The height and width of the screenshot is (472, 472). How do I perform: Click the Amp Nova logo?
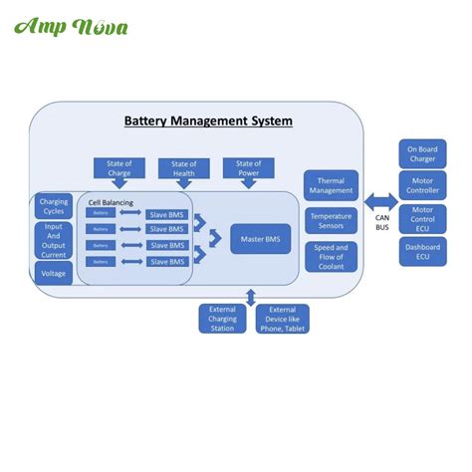pyautogui.click(x=71, y=26)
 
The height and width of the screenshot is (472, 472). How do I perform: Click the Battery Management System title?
pyautogui.click(x=208, y=120)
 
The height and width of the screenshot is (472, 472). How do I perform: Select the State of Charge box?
pyautogui.click(x=119, y=168)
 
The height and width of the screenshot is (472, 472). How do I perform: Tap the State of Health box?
pyautogui.click(x=183, y=168)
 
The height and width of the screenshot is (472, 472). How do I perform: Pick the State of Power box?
pyautogui.click(x=248, y=168)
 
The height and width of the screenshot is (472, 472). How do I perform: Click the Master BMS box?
pyautogui.click(x=260, y=239)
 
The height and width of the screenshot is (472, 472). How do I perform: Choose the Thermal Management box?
pyautogui.click(x=332, y=186)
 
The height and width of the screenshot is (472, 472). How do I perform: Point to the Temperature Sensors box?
pyautogui.click(x=332, y=220)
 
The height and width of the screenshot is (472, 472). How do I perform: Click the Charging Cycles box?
pyautogui.click(x=54, y=206)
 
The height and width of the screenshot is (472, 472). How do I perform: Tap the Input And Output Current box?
pyautogui.click(x=54, y=240)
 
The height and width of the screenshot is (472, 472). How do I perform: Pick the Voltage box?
pyautogui.click(x=54, y=272)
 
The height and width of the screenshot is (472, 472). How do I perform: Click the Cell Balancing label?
pyautogui.click(x=111, y=202)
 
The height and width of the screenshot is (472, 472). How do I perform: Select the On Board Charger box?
pyautogui.click(x=422, y=154)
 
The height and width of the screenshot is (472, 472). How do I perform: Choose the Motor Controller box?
pyautogui.click(x=422, y=185)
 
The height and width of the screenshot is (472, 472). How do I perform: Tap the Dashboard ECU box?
pyautogui.click(x=422, y=252)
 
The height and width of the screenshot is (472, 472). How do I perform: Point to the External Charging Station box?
pyautogui.click(x=223, y=319)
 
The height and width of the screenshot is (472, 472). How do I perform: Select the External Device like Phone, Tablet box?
pyautogui.click(x=282, y=319)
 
